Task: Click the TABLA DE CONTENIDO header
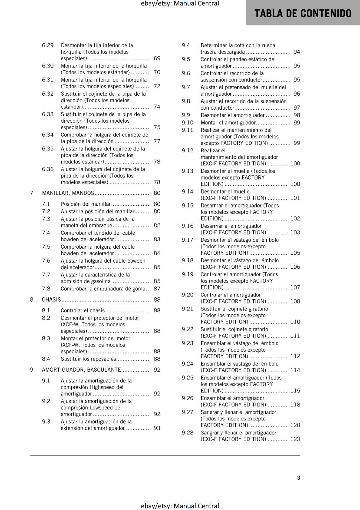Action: [x=303, y=13]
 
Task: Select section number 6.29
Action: [x=48, y=45]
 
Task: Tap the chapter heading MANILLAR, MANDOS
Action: [x=68, y=193]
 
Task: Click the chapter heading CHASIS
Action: [x=51, y=299]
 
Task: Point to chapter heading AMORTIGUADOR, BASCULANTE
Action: [x=81, y=370]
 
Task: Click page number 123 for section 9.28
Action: [x=295, y=439]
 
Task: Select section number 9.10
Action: [x=188, y=123]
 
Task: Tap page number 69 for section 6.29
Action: [x=157, y=58]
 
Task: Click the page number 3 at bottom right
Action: [x=299, y=477]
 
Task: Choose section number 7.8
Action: [x=46, y=289]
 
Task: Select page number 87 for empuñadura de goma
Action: [x=157, y=289]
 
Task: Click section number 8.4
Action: [x=46, y=359]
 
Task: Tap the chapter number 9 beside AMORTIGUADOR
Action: [x=32, y=370]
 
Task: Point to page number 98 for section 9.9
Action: [x=297, y=115]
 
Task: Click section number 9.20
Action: [x=188, y=295]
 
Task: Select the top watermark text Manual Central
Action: [x=197, y=4]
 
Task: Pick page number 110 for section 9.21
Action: [x=295, y=322]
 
